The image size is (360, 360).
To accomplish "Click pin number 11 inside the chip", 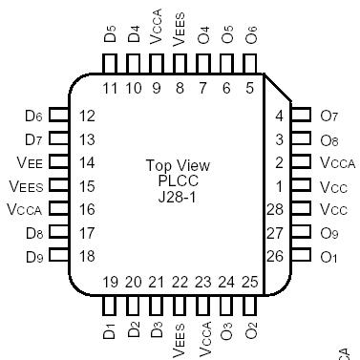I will pyautogui.click(x=109, y=89).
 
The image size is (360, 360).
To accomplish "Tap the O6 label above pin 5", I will pyautogui.click(x=251, y=35).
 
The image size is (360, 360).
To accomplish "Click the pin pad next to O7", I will pyautogui.click(x=300, y=116).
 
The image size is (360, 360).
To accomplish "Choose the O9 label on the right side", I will pyautogui.click(x=329, y=232).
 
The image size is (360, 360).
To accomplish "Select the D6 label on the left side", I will pyautogui.click(x=33, y=116).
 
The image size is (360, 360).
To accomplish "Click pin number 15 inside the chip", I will pyautogui.click(x=87, y=185).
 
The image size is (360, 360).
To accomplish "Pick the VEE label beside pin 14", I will pyautogui.click(x=30, y=162).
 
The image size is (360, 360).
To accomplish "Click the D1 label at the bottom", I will pyautogui.click(x=109, y=331).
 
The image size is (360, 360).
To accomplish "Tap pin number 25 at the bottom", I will pyautogui.click(x=250, y=282).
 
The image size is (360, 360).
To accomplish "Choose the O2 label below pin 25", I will pyautogui.click(x=251, y=331).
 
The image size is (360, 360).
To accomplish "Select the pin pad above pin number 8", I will pyautogui.click(x=180, y=62).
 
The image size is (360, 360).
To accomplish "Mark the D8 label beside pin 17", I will pyautogui.click(x=33, y=232).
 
